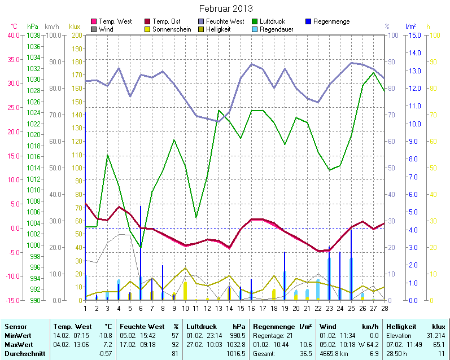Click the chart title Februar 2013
coord(226,9)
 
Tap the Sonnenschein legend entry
coord(172,29)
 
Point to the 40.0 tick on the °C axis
coord(13,35)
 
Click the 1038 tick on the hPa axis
coord(33,35)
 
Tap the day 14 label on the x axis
coord(229,308)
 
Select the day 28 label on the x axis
coord(384,308)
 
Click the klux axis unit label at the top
coord(74,27)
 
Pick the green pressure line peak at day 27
coord(373,72)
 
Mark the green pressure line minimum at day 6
coord(141,248)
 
